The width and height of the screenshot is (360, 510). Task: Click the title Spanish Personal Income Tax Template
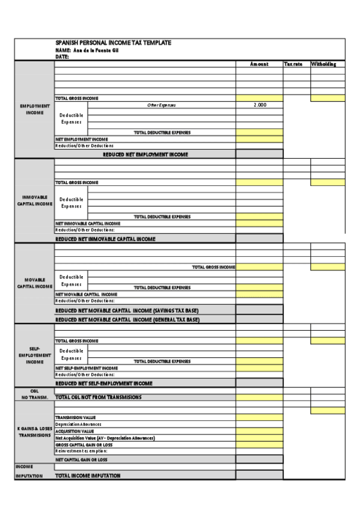coord(114,43)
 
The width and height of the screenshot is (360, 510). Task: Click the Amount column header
coord(259,64)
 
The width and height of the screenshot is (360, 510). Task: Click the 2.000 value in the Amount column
coord(259,105)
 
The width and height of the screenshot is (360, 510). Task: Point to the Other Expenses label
coord(162,105)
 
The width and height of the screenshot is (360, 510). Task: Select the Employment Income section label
coord(34,109)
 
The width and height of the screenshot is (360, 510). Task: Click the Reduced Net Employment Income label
coord(145,155)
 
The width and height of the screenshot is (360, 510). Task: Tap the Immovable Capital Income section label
coord(34,200)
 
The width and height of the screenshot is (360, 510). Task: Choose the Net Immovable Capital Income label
coord(88,223)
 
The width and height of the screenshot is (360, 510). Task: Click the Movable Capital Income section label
coord(34,283)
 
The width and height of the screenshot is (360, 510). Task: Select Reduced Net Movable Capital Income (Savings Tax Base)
coord(127,310)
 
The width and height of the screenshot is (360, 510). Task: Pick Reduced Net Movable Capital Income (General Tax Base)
coord(127,320)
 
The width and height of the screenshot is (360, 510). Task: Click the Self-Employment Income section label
coord(34,355)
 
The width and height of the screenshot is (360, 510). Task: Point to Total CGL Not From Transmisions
coord(99,398)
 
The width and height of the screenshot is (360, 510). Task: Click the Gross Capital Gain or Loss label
coord(84,444)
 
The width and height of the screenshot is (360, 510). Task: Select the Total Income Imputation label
coord(88,476)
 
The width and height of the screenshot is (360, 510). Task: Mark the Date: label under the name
coord(62,57)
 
